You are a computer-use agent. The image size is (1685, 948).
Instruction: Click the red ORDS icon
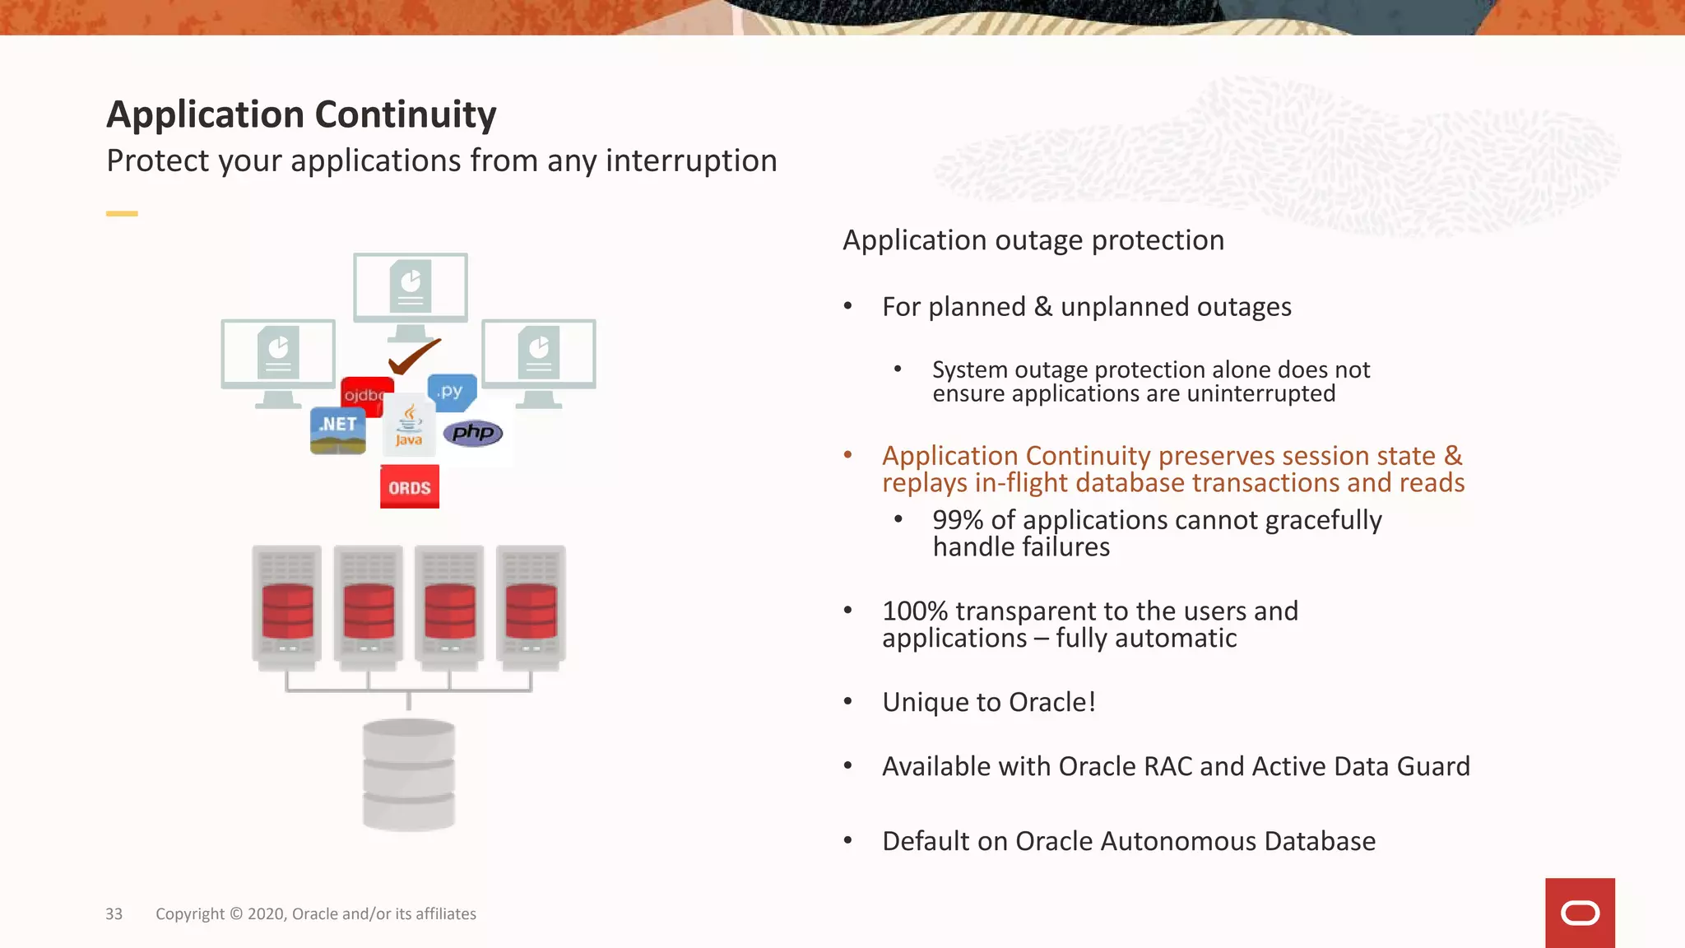point(409,486)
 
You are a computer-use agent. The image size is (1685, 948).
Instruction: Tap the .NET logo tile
point(338,430)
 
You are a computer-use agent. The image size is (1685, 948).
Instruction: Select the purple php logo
point(473,432)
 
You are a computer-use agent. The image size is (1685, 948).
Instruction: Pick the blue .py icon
point(452,392)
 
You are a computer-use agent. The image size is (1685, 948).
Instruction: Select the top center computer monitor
point(411,288)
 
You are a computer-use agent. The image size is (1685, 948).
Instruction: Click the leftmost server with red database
point(286,607)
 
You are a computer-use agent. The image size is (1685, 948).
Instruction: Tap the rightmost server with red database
point(531,607)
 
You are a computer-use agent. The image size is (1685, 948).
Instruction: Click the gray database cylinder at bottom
point(409,774)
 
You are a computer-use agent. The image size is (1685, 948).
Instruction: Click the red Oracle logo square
point(1580,913)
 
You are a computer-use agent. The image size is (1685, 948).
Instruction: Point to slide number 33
point(114,914)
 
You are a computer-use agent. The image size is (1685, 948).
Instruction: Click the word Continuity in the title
point(406,114)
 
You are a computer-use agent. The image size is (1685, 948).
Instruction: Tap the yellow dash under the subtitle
point(122,214)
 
